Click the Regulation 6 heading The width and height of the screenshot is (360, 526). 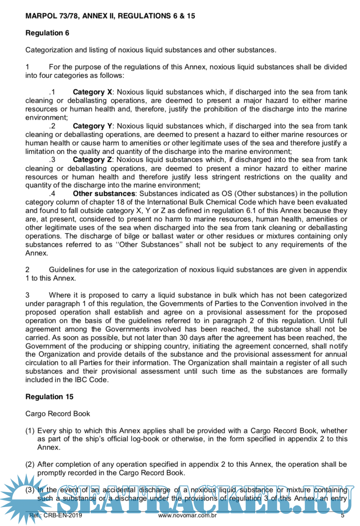point(47,33)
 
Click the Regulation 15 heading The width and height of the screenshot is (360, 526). point(49,397)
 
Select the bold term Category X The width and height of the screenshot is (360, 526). point(92,92)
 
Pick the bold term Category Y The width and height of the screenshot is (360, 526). point(92,126)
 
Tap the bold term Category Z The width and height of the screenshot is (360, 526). point(92,160)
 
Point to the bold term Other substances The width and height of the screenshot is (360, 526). point(104,194)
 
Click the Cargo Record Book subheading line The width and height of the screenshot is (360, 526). point(58,414)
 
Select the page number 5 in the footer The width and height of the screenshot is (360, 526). point(343,515)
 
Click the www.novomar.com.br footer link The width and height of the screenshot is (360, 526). point(187,515)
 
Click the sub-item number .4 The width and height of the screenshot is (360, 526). point(52,194)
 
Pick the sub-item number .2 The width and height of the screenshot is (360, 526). point(52,126)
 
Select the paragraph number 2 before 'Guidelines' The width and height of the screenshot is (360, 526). point(27,270)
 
